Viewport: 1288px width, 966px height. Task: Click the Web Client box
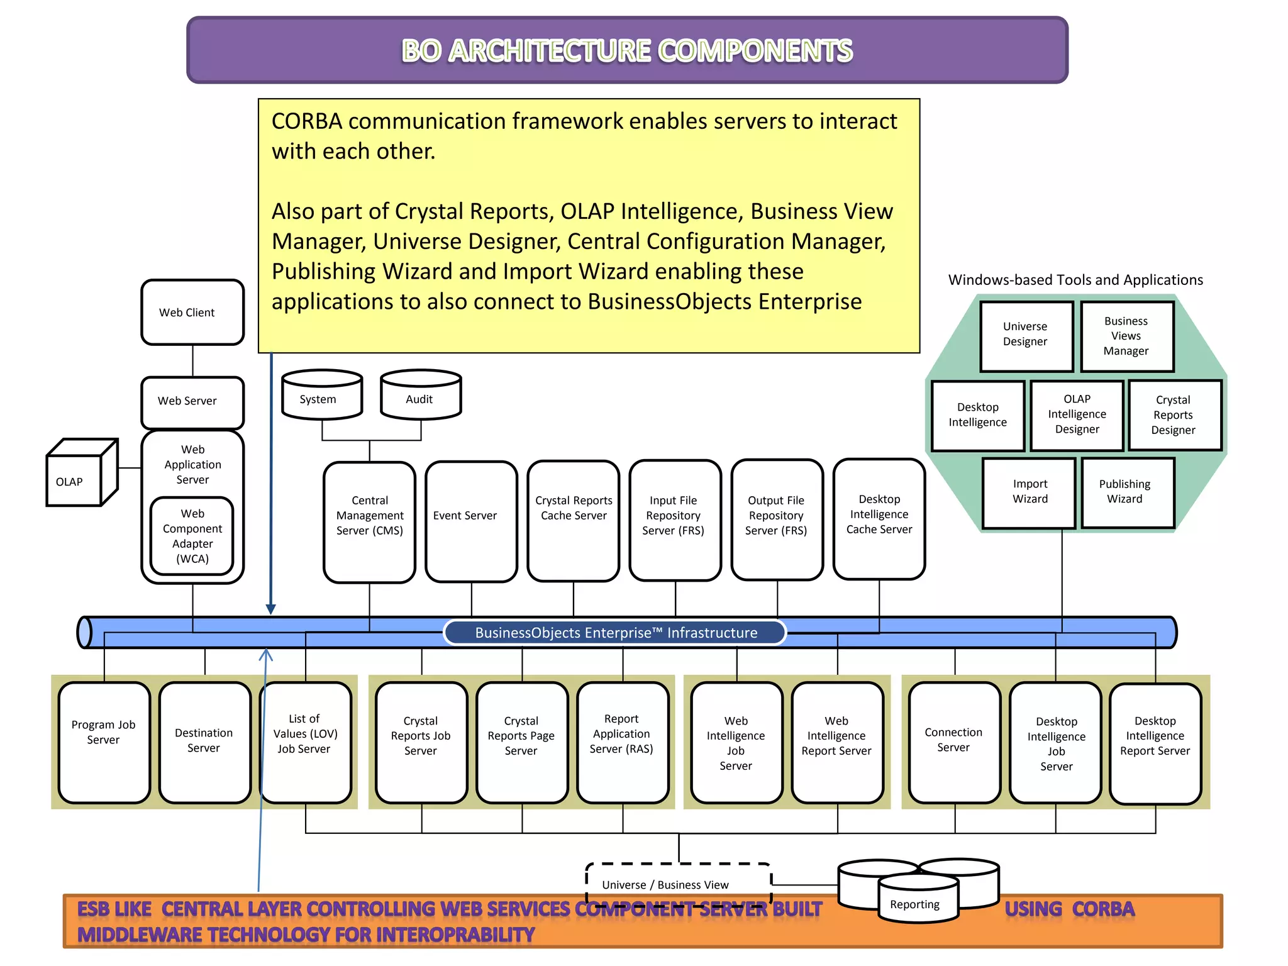pyautogui.click(x=192, y=313)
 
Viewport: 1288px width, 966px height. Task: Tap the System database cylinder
pyautogui.click(x=321, y=396)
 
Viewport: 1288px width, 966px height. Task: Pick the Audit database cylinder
pyautogui.click(x=420, y=396)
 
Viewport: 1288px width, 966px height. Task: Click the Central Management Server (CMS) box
pyautogui.click(x=369, y=521)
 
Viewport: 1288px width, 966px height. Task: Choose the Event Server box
pyautogui.click(x=470, y=521)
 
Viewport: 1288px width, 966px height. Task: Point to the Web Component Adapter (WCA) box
pyautogui.click(x=192, y=536)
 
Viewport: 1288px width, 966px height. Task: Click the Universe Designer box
pyautogui.click(x=1025, y=336)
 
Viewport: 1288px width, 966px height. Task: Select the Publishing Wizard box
pyautogui.click(x=1127, y=492)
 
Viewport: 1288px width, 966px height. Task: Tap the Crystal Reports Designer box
pyautogui.click(x=1174, y=415)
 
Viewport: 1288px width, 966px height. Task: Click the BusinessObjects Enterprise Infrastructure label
pyautogui.click(x=615, y=633)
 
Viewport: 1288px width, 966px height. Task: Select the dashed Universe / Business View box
pyautogui.click(x=678, y=880)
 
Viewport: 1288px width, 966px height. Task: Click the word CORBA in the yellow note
pyautogui.click(x=306, y=121)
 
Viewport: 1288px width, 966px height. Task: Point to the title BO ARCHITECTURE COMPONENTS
pyautogui.click(x=627, y=50)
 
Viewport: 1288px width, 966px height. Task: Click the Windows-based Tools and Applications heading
pyautogui.click(x=1075, y=280)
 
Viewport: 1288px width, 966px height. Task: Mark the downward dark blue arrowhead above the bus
pyautogui.click(x=271, y=609)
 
